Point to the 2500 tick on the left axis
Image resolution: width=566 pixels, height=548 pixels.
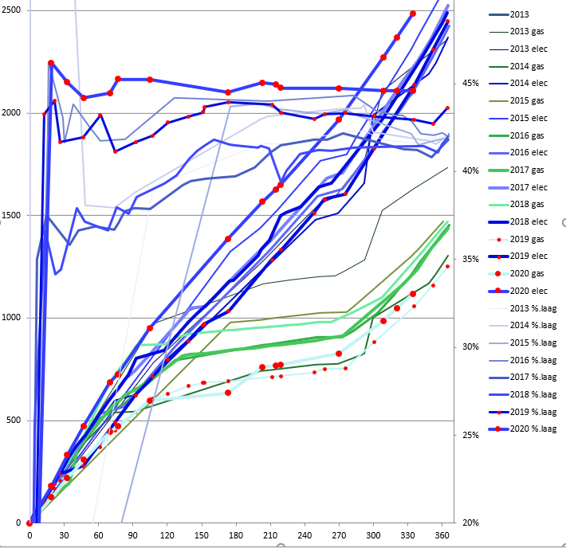(x=14, y=10)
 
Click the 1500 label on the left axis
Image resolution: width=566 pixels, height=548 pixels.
(x=14, y=216)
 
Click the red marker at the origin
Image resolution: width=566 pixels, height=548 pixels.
(x=29, y=523)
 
